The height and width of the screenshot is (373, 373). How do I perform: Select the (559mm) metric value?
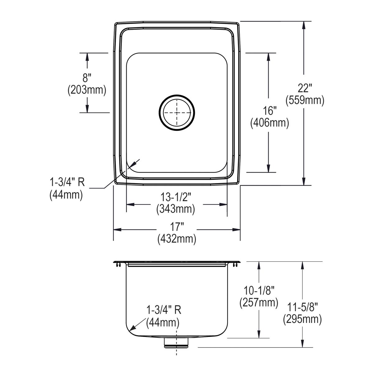coord(304,100)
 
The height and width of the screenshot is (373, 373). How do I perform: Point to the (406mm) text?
coord(269,123)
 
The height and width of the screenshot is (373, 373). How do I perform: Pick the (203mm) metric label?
coord(87,90)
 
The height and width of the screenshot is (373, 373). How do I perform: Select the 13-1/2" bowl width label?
coord(176,197)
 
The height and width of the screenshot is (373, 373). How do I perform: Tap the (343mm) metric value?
coord(176,209)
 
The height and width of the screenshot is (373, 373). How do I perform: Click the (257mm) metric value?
coord(259,302)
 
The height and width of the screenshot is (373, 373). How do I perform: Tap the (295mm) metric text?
coord(302,319)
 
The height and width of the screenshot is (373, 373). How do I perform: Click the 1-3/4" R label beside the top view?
coord(67,182)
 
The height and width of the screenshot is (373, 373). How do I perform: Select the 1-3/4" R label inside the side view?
coord(164,310)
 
